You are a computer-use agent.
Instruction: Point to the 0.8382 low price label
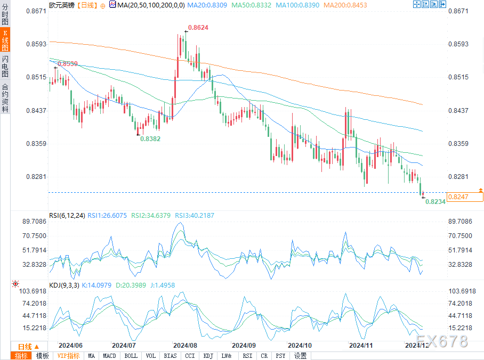[150, 138]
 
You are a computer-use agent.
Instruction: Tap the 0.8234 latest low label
[435, 202]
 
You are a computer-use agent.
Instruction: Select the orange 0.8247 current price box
[465, 197]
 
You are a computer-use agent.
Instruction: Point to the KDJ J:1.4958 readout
[159, 285]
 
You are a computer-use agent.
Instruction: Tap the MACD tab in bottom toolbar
[109, 356]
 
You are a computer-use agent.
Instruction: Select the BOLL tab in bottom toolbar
[131, 356]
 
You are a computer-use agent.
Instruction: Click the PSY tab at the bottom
[281, 356]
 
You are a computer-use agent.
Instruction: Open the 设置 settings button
[301, 356]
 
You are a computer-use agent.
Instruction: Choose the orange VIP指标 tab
[68, 356]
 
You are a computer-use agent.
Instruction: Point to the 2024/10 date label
[299, 345]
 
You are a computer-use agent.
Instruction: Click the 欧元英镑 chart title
[61, 4]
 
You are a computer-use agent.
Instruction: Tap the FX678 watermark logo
[442, 341]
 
